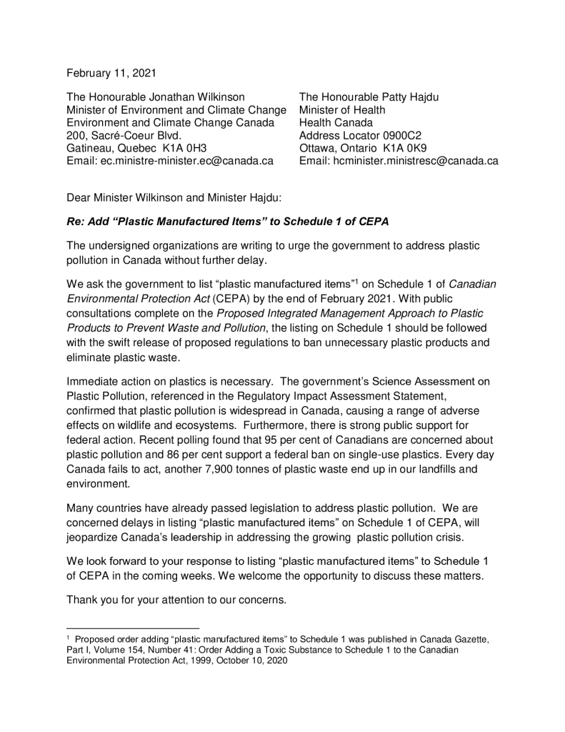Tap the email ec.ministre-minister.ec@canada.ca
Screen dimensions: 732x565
point(187,161)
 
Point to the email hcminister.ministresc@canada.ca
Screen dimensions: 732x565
point(416,161)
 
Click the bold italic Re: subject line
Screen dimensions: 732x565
point(227,222)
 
